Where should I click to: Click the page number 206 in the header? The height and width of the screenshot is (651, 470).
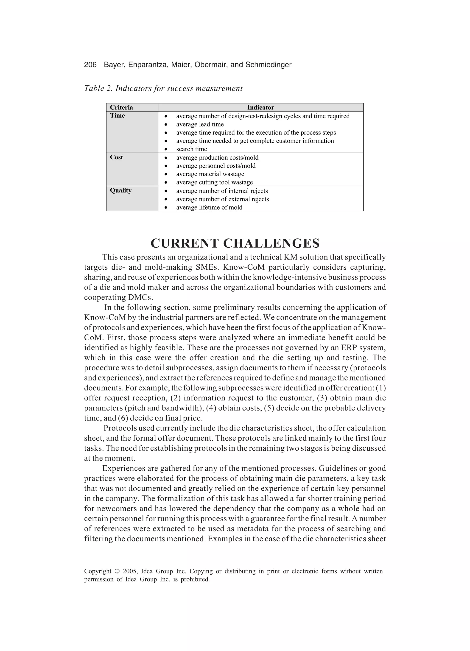[90, 65]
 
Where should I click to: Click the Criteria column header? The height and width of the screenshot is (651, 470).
[121, 107]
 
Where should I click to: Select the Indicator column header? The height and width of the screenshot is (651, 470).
[260, 107]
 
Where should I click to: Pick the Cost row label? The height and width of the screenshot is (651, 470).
[116, 157]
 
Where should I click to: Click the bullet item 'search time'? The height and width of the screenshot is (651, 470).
[191, 149]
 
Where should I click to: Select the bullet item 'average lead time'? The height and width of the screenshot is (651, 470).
[200, 124]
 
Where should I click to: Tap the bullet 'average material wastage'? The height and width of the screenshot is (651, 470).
[210, 174]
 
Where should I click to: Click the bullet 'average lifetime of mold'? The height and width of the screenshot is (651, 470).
[209, 207]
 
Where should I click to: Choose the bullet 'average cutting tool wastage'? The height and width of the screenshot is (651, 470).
[215, 182]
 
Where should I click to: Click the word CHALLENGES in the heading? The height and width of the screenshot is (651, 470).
[271, 243]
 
